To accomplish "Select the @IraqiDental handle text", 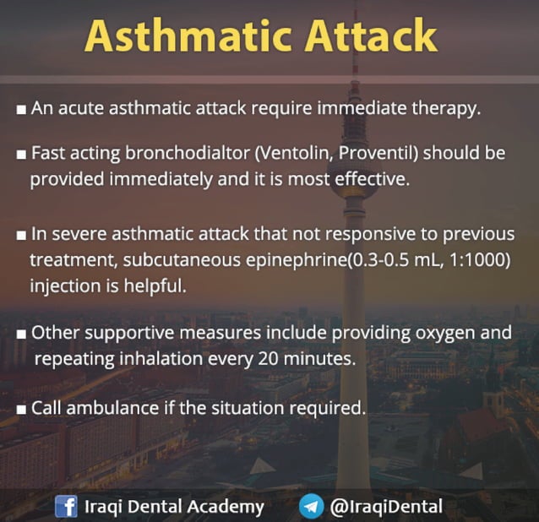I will pyautogui.click(x=386, y=507).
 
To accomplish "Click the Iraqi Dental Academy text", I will pyautogui.click(x=174, y=507).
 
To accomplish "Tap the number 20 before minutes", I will pyautogui.click(x=264, y=358).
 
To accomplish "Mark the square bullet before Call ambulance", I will pyautogui.click(x=20, y=409).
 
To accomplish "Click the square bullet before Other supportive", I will pyautogui.click(x=20, y=333).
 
